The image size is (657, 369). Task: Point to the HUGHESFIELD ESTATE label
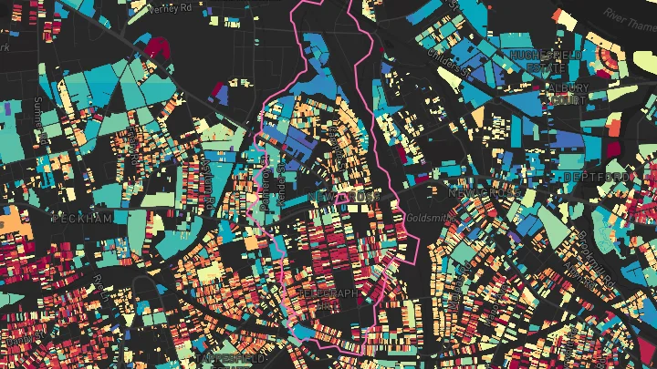[x=547, y=61]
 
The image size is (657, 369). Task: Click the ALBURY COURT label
[x=567, y=94]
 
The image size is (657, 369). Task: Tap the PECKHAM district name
[x=81, y=219]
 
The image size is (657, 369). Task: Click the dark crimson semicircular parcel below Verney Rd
[x=157, y=45]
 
